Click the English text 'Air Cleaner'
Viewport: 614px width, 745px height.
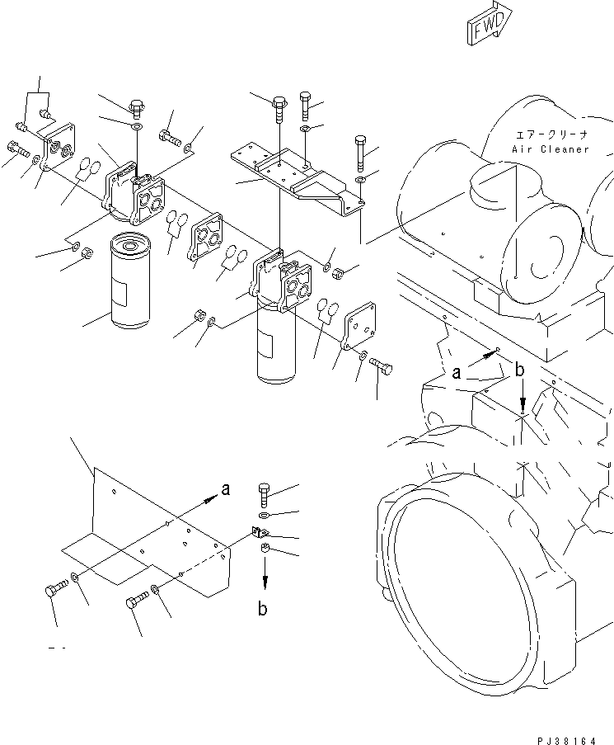coord(551,149)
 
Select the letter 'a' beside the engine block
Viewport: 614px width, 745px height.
coord(456,373)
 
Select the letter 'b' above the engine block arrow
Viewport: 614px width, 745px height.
coord(519,372)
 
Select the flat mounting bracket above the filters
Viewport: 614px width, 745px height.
coord(297,177)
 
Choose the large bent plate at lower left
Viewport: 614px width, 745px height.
coord(157,536)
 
